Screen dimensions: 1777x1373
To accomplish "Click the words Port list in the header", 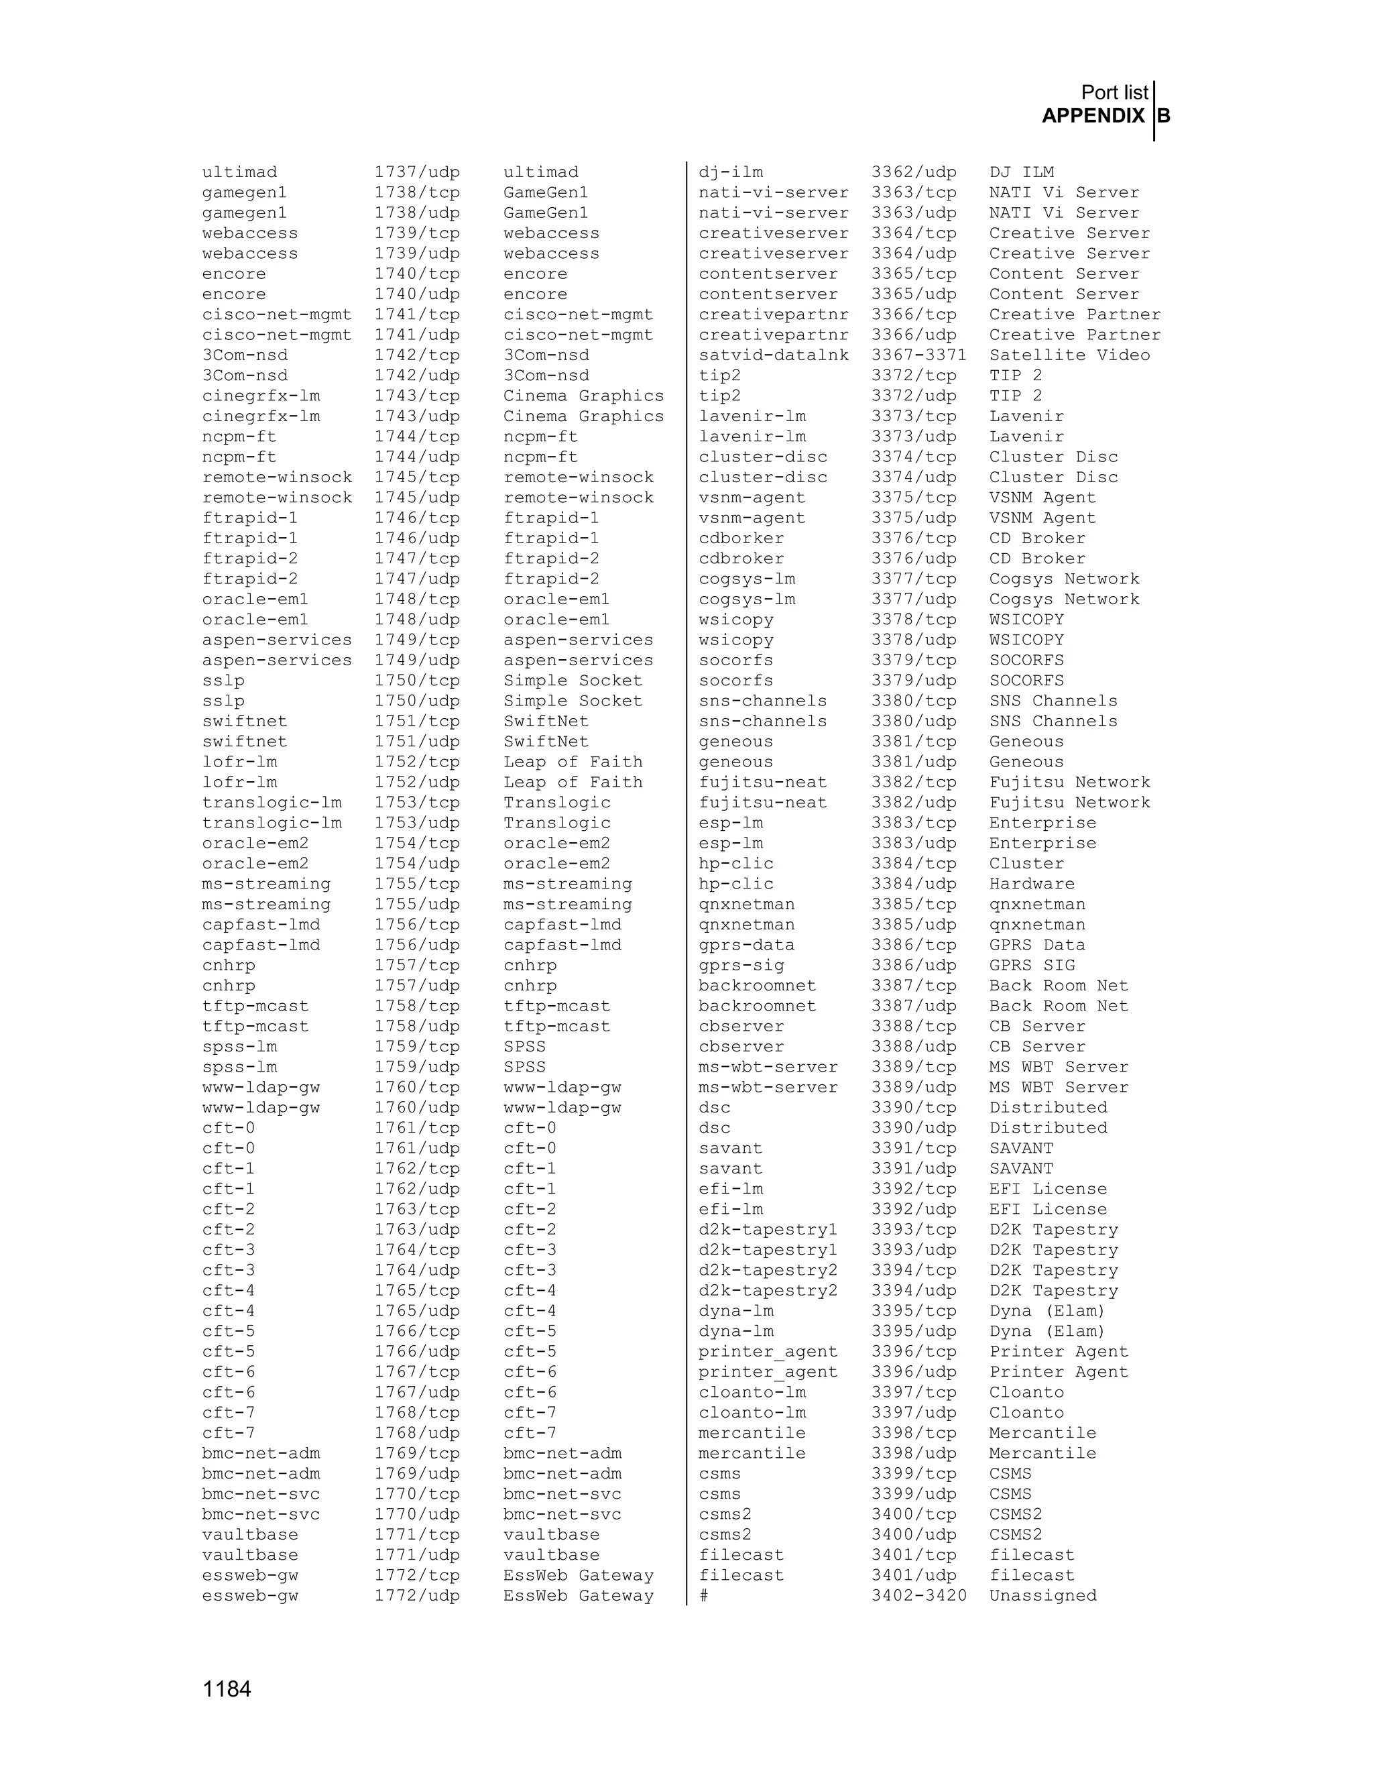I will (x=1114, y=93).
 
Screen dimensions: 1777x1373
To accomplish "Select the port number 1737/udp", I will (x=416, y=172).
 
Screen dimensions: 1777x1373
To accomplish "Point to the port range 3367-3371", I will (x=918, y=355).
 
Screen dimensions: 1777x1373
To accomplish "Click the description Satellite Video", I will (x=1069, y=355).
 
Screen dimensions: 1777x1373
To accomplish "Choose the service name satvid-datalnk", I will (x=773, y=355).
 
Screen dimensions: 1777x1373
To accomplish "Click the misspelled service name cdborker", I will (x=741, y=538).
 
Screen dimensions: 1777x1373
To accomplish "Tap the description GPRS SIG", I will (x=1031, y=966).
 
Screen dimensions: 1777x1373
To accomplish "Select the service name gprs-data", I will (x=746, y=945).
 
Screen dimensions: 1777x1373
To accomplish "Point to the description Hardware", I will (x=1031, y=884).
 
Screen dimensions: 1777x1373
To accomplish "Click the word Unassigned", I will (x=1042, y=1595).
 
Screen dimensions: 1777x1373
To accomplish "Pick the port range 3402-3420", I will (x=918, y=1595).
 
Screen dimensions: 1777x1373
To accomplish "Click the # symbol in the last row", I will (x=703, y=1595).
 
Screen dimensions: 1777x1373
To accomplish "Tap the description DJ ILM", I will (x=1021, y=172).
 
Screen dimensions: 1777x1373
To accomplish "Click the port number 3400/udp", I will (x=914, y=1534).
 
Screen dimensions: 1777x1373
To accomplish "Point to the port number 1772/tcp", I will (x=416, y=1575).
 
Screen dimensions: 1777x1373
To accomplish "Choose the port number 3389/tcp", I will (x=914, y=1068).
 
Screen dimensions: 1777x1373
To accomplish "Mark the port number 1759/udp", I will (x=416, y=1068).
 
